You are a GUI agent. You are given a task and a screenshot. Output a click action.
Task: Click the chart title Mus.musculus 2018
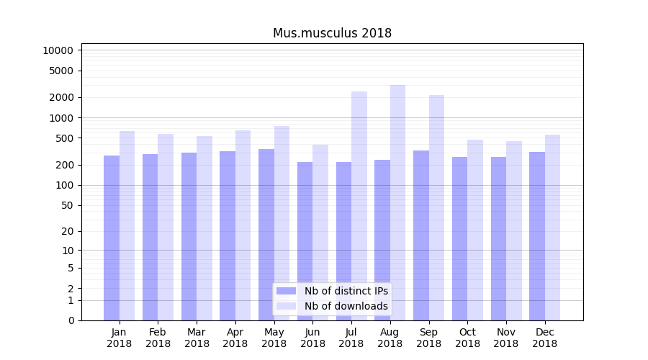[x=332, y=33]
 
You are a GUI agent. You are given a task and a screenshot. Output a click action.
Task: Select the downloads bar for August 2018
[x=397, y=202]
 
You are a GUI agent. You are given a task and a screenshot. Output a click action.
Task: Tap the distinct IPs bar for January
[x=112, y=238]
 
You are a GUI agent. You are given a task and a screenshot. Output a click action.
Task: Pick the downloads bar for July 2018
[x=359, y=205]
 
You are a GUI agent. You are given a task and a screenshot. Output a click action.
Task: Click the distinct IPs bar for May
[x=266, y=234]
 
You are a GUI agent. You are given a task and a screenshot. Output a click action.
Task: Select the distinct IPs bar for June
[x=305, y=240]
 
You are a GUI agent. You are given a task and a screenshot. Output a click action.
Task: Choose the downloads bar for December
[x=552, y=227]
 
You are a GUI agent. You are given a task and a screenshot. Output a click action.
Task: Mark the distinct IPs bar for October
[x=459, y=238]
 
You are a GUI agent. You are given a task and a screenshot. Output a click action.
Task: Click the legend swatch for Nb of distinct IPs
[x=287, y=291]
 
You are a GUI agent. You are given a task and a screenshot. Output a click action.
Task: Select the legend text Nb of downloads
[x=346, y=306]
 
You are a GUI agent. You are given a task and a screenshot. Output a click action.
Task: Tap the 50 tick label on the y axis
[x=66, y=205]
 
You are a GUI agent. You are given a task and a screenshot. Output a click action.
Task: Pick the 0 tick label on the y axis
[x=71, y=320]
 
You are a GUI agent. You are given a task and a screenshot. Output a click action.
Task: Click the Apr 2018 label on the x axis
[x=235, y=338]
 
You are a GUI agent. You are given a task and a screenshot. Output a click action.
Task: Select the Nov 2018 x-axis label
[x=506, y=338]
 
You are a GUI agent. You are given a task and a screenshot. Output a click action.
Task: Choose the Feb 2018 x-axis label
[x=158, y=338]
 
